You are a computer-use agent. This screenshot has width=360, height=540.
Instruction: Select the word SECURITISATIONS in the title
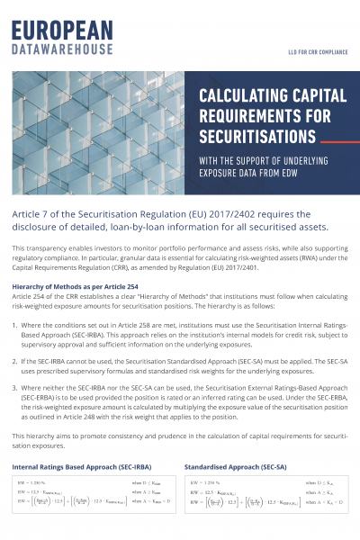click(x=256, y=138)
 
